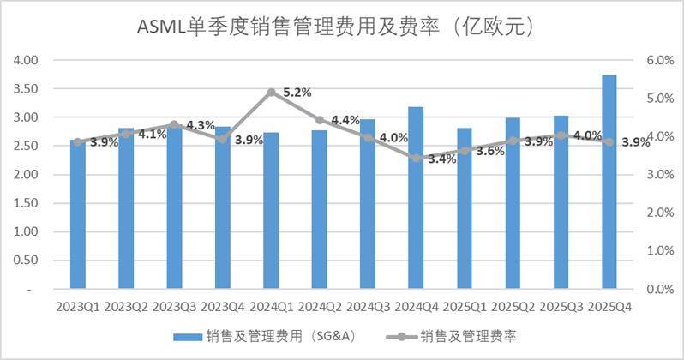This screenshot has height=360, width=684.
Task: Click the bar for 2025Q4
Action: coord(609,182)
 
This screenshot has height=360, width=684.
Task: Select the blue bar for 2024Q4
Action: coord(416,198)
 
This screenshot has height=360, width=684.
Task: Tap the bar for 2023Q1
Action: coord(78,214)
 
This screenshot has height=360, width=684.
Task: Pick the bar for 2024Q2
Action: coord(320,209)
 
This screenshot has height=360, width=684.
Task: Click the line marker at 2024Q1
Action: coord(272,92)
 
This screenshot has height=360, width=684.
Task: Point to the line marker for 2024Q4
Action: coord(417,159)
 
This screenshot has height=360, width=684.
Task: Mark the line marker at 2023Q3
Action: coord(175,125)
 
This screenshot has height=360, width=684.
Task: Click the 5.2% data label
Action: coord(297,93)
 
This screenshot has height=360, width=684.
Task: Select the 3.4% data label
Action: coord(442,159)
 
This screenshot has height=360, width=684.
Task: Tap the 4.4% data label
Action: coord(345,120)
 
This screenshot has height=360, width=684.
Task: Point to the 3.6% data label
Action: coord(490,152)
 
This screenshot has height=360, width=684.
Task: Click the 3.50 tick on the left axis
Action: coord(26,88)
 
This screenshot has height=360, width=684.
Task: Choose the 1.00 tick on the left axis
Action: coord(26,231)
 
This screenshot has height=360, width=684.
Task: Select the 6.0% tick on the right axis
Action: coord(660,60)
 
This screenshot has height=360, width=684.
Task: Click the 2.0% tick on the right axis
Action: coord(660,213)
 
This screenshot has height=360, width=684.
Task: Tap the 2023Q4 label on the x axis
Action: coord(223,307)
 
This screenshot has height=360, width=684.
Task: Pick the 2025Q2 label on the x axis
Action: coord(513,307)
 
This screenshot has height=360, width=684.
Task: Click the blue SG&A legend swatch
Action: coord(188,337)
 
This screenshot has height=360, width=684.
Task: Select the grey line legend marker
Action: coord(402,337)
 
